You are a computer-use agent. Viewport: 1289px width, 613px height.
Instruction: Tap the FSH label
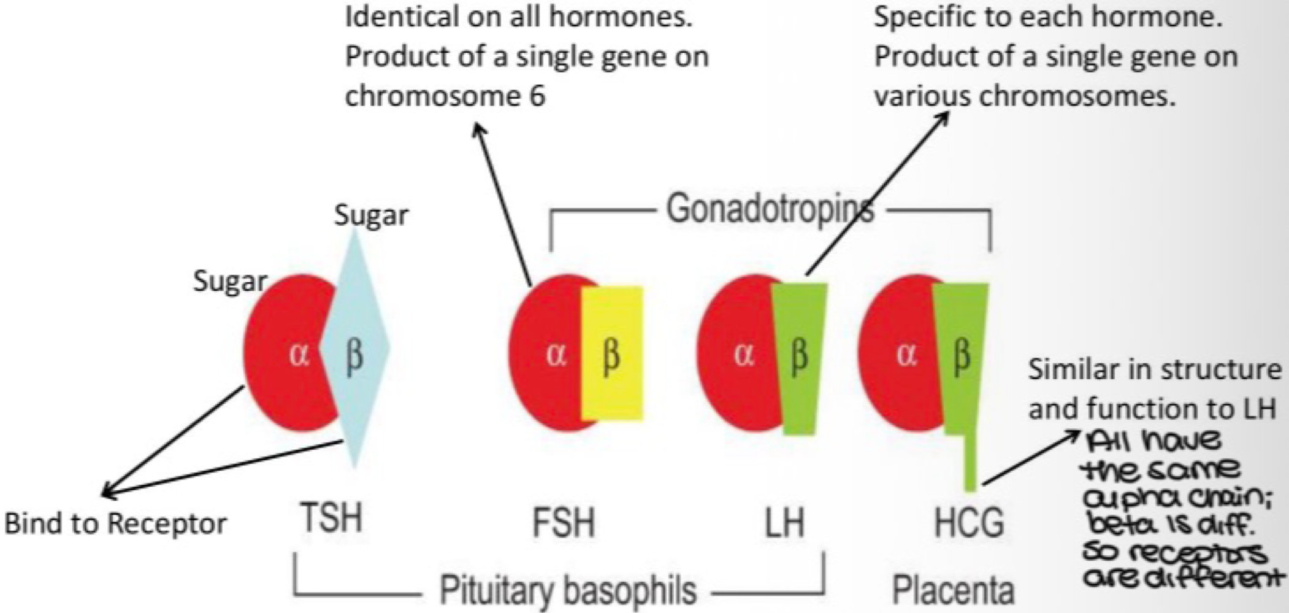[x=563, y=523]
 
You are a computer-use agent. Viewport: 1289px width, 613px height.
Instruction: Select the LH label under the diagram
[x=785, y=523]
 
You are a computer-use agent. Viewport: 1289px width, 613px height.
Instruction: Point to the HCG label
[x=969, y=523]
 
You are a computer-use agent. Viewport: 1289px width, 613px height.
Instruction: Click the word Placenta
[x=953, y=590]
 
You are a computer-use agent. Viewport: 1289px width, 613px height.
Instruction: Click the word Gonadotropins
[x=770, y=209]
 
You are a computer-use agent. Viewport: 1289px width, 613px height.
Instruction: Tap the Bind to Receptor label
[x=115, y=523]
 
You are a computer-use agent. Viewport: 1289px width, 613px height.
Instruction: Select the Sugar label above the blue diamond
[x=371, y=215]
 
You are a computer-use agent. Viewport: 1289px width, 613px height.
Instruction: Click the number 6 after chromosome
[x=537, y=96]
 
